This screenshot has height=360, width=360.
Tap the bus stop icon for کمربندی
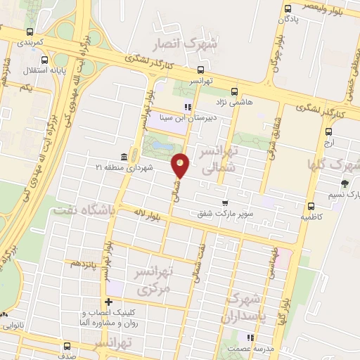(30, 32)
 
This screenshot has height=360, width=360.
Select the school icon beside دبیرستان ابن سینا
(187, 108)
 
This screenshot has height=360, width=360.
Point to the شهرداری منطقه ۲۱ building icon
(124, 156)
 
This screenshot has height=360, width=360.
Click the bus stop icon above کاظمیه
(311, 206)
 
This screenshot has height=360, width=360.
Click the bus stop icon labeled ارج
(328, 131)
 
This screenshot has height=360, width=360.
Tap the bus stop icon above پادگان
(288, 8)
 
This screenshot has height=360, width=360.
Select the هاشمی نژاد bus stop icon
(234, 91)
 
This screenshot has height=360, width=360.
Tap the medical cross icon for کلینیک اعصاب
(108, 302)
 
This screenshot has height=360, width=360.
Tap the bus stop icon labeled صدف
(67, 346)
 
